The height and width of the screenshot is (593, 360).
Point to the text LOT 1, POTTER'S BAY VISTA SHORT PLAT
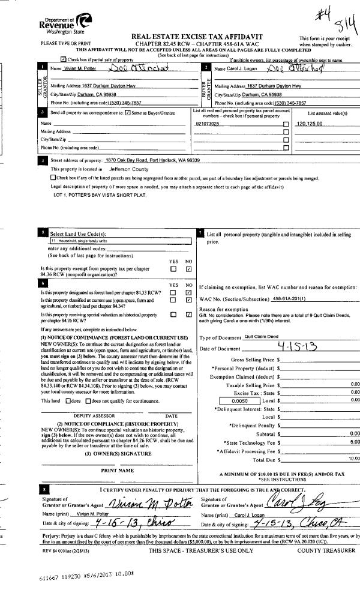click(98, 196)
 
